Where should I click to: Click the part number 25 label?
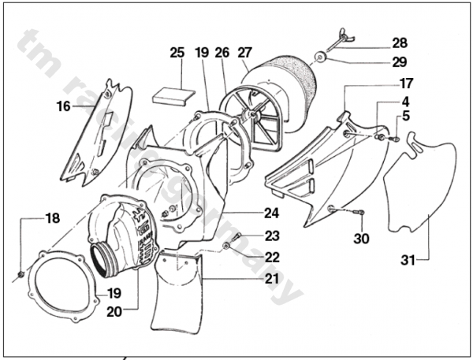point(177,53)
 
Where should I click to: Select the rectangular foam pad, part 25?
point(173,96)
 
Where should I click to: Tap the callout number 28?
point(400,43)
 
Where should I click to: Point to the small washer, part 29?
point(319,57)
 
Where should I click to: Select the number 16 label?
point(63,106)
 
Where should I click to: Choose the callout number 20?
point(114,312)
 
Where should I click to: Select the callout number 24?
point(272,213)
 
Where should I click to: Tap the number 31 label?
point(408,260)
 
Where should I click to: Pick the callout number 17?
point(406,84)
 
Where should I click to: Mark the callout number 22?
point(273,257)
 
